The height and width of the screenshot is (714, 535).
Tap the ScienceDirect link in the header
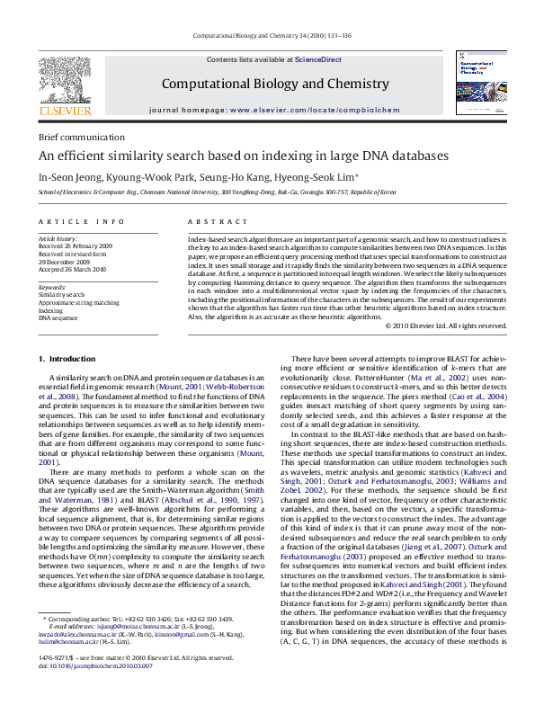(318, 59)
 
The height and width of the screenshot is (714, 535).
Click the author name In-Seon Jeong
(67, 176)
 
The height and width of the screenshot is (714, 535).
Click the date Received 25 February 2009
(75, 245)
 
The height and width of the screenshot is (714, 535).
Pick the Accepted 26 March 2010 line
(72, 269)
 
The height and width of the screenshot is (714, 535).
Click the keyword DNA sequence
(58, 318)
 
